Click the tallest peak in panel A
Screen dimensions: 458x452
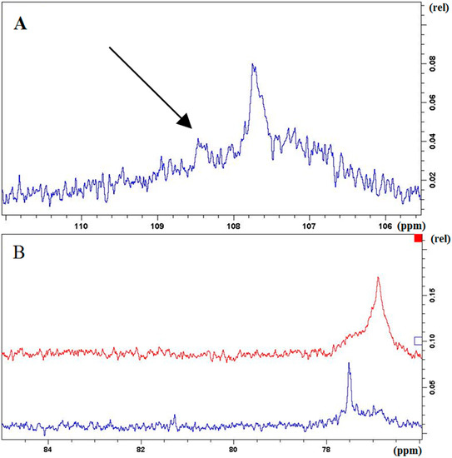point(253,66)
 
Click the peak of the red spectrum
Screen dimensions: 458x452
point(379,278)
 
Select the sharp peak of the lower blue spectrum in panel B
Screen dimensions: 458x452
point(349,364)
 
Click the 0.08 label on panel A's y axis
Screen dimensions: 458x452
point(431,62)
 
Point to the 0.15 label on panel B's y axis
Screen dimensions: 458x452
point(431,295)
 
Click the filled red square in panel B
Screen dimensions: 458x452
point(419,240)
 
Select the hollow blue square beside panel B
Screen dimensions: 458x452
point(418,340)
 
